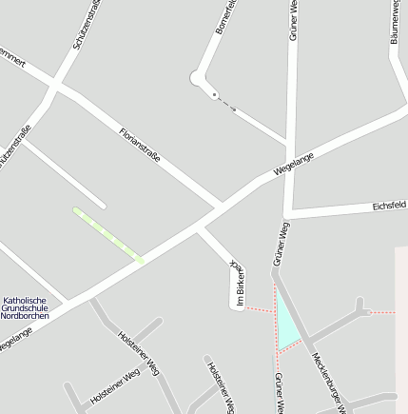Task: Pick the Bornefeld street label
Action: [224, 18]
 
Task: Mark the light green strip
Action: [107, 233]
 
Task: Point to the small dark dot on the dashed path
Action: [215, 94]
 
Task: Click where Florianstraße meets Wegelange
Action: [220, 205]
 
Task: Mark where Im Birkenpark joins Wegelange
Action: [199, 228]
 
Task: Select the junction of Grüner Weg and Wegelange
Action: [288, 157]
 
